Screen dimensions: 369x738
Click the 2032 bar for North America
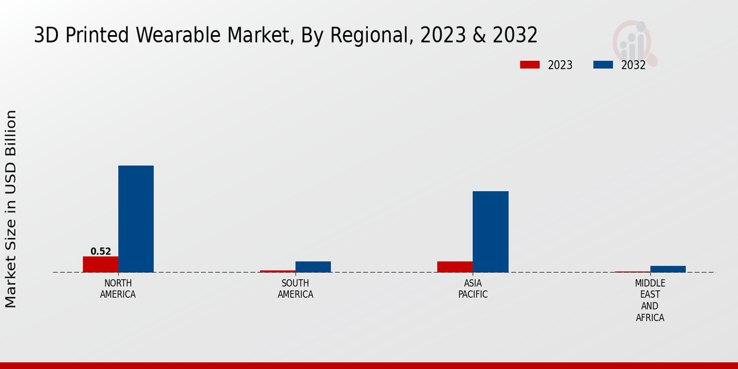coord(136,218)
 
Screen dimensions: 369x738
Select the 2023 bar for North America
coord(100,264)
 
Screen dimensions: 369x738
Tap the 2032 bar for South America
coord(313,266)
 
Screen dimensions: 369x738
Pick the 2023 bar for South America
coord(277,271)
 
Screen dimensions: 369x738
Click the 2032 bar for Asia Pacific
coord(490,231)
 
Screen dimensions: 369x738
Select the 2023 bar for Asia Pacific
coord(455,266)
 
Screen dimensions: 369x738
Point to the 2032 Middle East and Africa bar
coord(668,269)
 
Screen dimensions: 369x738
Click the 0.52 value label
coord(101,251)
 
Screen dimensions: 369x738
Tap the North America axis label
coord(118,288)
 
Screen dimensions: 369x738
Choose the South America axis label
coord(295,288)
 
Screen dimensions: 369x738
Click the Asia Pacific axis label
coord(473,288)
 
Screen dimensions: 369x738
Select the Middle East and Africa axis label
coord(650,300)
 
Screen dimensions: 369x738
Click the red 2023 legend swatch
coord(530,65)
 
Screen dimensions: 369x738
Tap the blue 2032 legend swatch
coord(603,65)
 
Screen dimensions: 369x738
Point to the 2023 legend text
coord(560,65)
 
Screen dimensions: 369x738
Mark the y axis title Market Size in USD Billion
coord(11,209)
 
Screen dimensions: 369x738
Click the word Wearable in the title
coord(179,36)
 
